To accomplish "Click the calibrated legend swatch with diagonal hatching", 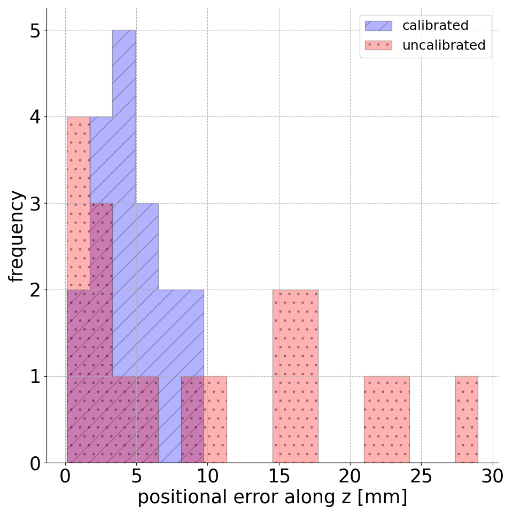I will click(378, 26).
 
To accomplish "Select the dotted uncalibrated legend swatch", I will click(378, 45).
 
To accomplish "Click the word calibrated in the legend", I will click(435, 26).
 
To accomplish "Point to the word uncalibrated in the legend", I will click(444, 45).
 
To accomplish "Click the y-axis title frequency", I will click(17, 236).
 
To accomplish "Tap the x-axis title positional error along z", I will click(272, 497).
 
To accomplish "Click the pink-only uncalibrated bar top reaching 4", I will click(78, 160).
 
